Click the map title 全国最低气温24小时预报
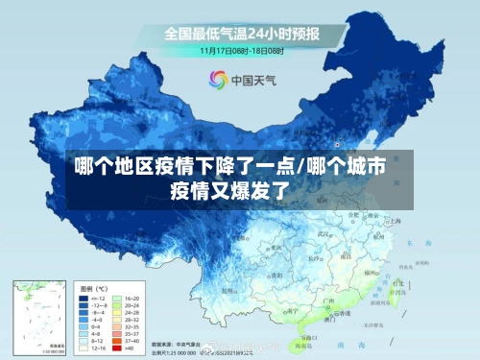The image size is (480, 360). (x=241, y=34)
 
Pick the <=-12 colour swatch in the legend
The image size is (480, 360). (x=84, y=300)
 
